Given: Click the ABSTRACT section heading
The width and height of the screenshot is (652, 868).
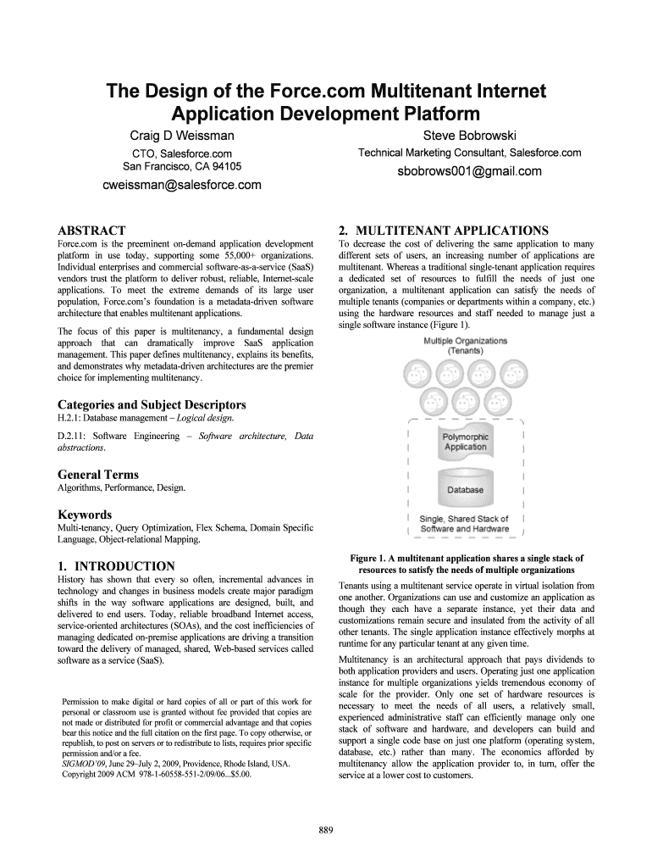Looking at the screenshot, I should (x=91, y=230).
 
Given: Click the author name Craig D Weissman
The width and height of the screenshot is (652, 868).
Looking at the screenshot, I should (x=182, y=136).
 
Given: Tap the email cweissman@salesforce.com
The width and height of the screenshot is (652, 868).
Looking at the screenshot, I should (x=181, y=185).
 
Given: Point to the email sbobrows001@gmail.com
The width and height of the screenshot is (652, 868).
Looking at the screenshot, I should (x=470, y=171).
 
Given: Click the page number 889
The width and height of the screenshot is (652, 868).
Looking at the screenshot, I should (x=325, y=829).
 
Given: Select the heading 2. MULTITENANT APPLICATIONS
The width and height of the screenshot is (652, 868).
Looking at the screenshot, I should (x=443, y=230).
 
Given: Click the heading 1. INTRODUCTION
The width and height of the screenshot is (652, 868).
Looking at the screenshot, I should (x=116, y=565).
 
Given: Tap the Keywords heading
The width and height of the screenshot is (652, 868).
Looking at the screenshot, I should (x=85, y=515).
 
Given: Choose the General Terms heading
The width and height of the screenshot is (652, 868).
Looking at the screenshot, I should (x=97, y=475).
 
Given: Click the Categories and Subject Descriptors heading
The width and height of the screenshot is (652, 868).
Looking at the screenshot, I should (x=152, y=404).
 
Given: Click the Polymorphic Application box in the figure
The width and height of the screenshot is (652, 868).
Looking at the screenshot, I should (x=466, y=442).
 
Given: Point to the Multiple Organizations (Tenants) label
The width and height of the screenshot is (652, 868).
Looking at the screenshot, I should (x=466, y=345).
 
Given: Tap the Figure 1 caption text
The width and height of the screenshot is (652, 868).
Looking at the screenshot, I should (x=467, y=565).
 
